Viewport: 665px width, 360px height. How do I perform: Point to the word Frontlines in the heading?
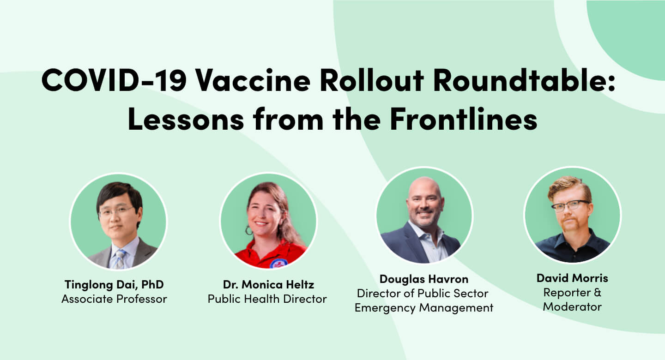(x=463, y=119)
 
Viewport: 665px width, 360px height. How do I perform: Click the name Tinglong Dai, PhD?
(x=114, y=285)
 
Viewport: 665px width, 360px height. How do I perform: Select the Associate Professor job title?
(x=114, y=299)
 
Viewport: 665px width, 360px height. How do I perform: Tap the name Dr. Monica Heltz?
(x=267, y=285)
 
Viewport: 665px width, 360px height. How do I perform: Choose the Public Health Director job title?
(x=267, y=299)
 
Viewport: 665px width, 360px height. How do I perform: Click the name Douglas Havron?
(x=424, y=279)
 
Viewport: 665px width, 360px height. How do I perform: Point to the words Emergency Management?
(x=424, y=308)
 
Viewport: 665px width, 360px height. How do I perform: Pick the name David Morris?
(x=572, y=278)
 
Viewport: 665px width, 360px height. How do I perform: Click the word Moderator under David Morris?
(x=572, y=307)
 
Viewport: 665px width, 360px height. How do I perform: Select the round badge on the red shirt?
(x=278, y=263)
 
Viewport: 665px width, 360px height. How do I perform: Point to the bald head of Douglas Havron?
(x=424, y=187)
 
